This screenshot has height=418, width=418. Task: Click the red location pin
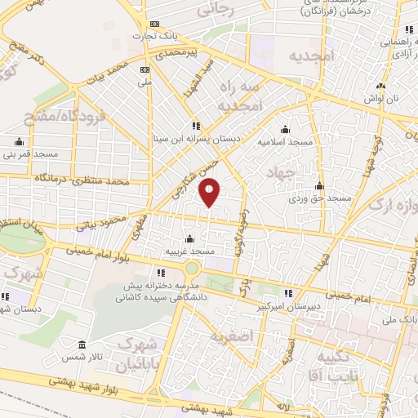coord(211,191)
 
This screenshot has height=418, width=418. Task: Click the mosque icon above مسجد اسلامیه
coord(284,129)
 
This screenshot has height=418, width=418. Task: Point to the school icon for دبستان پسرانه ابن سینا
coord(195,126)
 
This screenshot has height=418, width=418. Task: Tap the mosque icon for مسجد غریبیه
coord(189,238)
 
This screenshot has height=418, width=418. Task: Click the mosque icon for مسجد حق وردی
coord(320,185)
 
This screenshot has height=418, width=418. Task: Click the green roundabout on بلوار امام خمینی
coord(192,268)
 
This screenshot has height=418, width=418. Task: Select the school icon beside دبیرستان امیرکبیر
coord(287,294)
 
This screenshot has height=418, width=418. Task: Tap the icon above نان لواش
coord(380,87)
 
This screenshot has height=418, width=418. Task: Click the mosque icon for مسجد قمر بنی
coord(19,140)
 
